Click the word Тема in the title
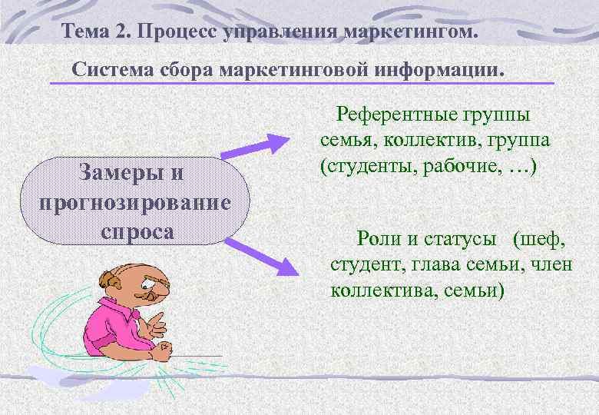[87, 32]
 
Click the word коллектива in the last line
[372, 291]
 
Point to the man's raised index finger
[158, 315]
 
